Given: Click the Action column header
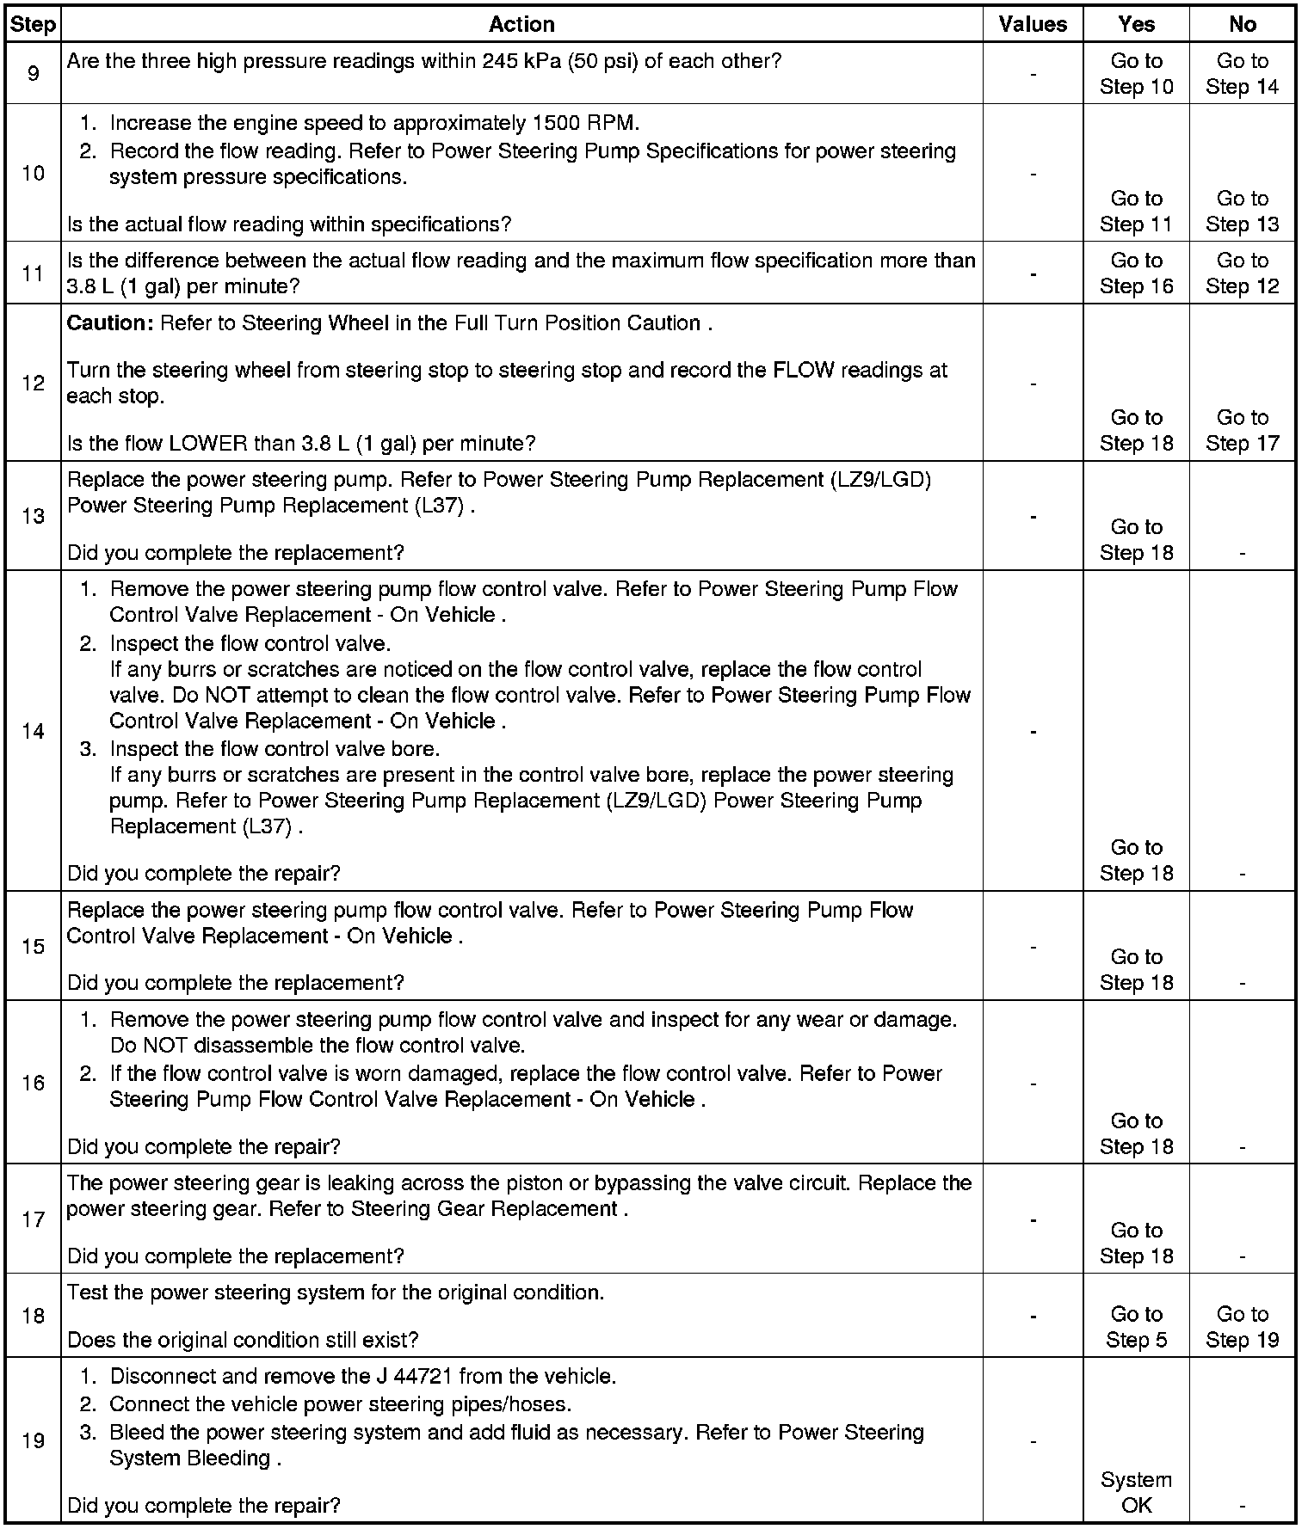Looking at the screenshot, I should pyautogui.click(x=521, y=24).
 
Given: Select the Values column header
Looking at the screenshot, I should pyautogui.click(x=1033, y=24).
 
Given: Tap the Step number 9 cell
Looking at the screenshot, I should pyautogui.click(x=33, y=74).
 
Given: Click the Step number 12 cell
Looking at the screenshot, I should pyautogui.click(x=33, y=383).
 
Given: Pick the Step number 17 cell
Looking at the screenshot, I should pyautogui.click(x=33, y=1219).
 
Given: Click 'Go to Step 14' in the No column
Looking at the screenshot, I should pyautogui.click(x=1242, y=74).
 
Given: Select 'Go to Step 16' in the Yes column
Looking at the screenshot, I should pyautogui.click(x=1136, y=273).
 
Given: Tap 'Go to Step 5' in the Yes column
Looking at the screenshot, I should pyautogui.click(x=1136, y=1327).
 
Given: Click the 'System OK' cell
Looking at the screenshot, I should pyautogui.click(x=1136, y=1492).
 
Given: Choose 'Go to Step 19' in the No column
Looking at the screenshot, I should pyautogui.click(x=1242, y=1327).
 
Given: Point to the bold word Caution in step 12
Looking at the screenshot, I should pyautogui.click(x=109, y=323).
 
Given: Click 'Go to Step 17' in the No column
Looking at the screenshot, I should pyautogui.click(x=1242, y=430).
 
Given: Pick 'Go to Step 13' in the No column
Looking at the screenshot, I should pyautogui.click(x=1242, y=212).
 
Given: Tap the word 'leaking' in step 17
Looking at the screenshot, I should pyautogui.click(x=324, y=1183).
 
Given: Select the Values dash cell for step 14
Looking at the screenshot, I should pyautogui.click(x=1033, y=731).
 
